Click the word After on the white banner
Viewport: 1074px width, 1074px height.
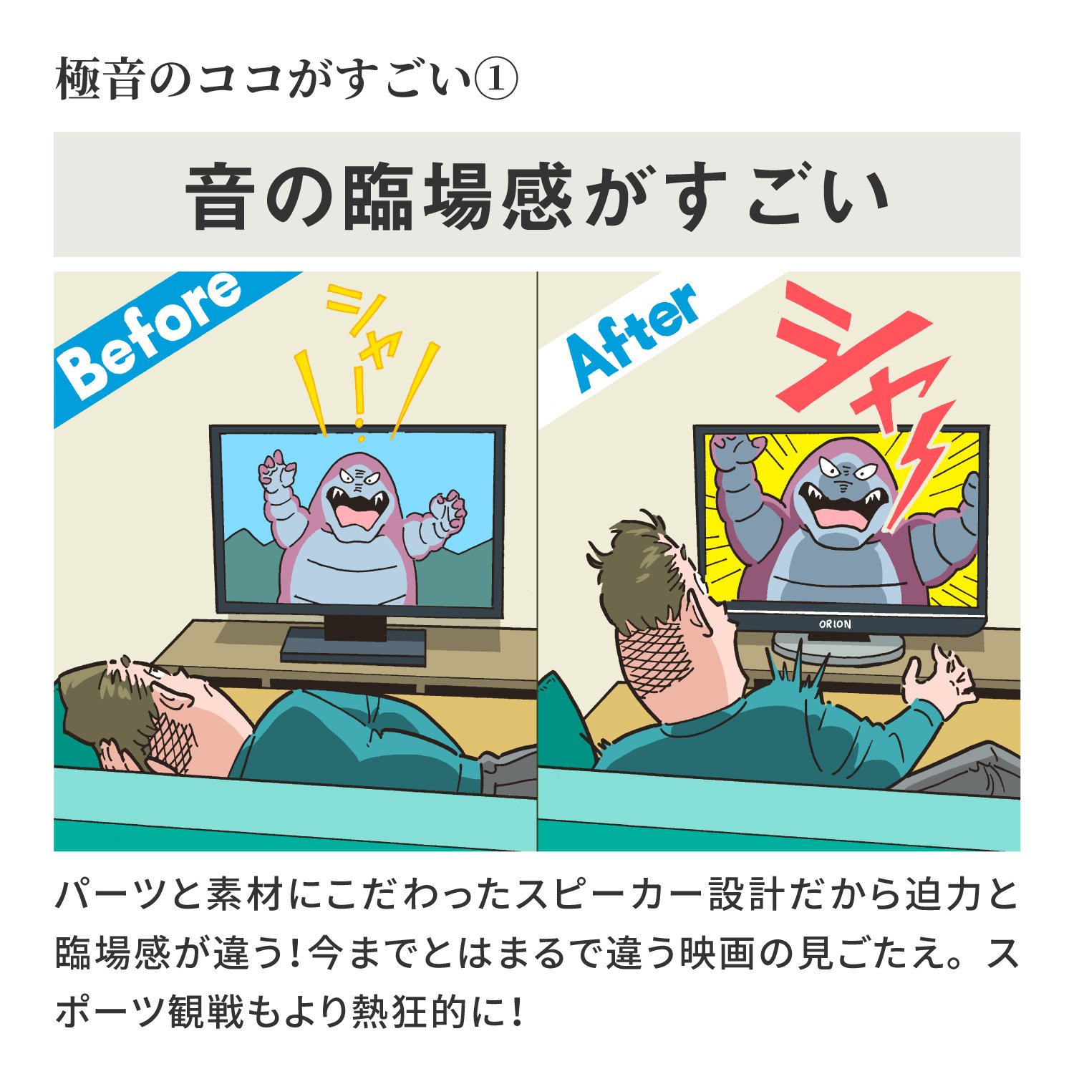[x=634, y=337]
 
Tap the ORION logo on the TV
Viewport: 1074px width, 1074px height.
[x=835, y=624]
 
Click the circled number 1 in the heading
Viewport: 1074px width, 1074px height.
[x=496, y=79]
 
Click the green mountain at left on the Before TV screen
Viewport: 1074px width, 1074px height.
[x=247, y=558]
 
